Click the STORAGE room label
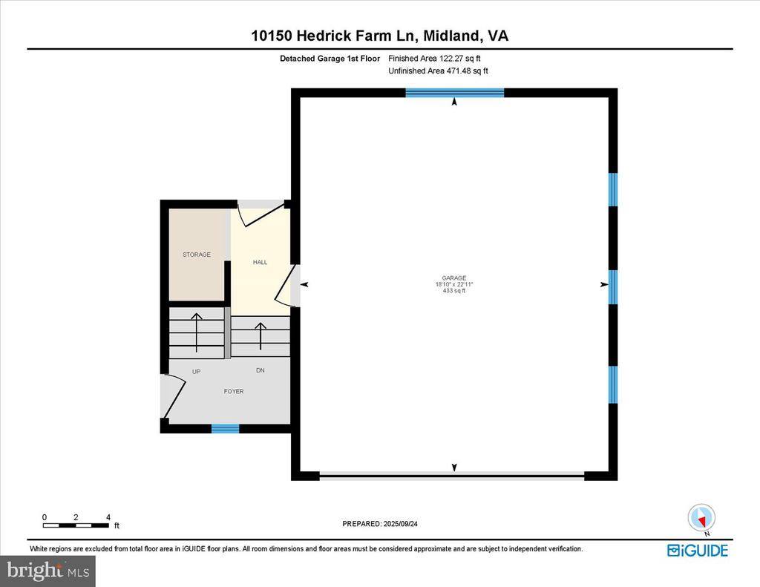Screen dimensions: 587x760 coord(197,255)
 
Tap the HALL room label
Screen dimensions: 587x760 coord(260,262)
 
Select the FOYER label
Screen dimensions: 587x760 coord(233,391)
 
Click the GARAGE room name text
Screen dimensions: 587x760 coord(453,278)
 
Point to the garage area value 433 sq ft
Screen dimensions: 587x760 coord(453,291)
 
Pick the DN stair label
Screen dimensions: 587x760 coord(260,370)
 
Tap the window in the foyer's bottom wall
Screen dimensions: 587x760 coord(225,428)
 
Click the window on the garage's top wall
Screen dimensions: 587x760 coord(454,93)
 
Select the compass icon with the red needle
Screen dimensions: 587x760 coord(701,517)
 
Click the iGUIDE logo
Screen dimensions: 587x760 coord(697,550)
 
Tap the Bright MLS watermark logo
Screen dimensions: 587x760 coord(47,571)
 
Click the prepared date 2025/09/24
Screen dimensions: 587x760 coord(379,524)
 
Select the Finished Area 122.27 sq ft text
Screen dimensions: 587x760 coord(438,58)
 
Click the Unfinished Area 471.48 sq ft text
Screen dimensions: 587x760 coord(438,71)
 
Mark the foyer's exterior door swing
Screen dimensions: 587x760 coord(174,397)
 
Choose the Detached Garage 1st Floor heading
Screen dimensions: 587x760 coord(330,58)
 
